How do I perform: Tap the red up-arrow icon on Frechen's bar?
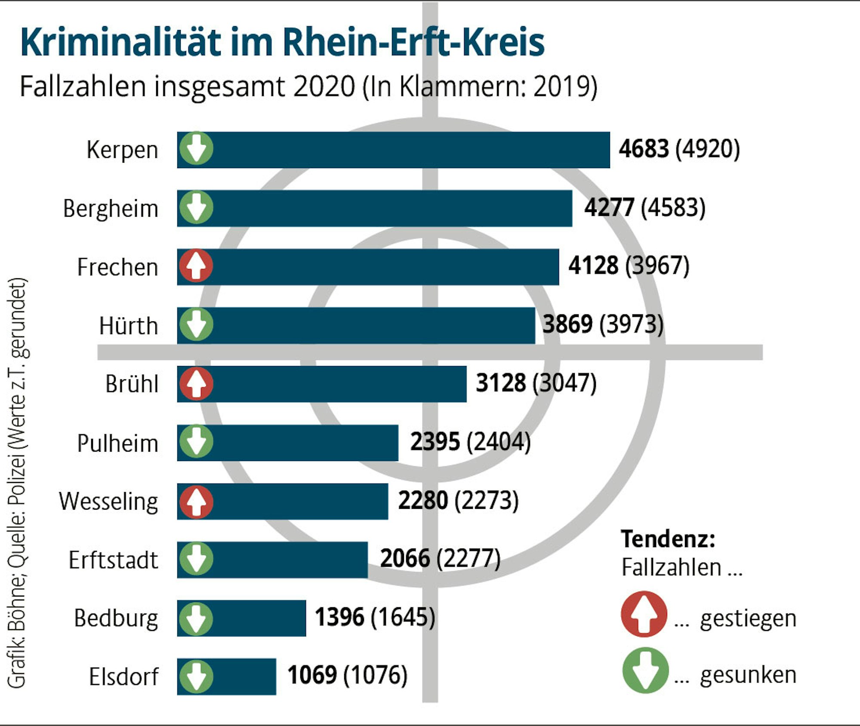coord(196,266)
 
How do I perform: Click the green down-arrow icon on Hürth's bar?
coord(196,325)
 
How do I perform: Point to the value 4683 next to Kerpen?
coord(644,149)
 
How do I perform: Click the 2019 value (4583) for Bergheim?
coord(673,208)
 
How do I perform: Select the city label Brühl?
coord(132,384)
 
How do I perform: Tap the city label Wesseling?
coord(108,501)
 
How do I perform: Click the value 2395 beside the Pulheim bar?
coord(435,442)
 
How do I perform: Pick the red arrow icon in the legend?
coord(644,614)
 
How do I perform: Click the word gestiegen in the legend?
coord(748,619)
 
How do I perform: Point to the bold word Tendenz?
coord(668,538)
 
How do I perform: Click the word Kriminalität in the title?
coord(120,42)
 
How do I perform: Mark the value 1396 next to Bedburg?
coord(340,617)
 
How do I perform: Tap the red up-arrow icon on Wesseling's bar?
coord(196,501)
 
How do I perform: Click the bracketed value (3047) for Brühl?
coord(564,383)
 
